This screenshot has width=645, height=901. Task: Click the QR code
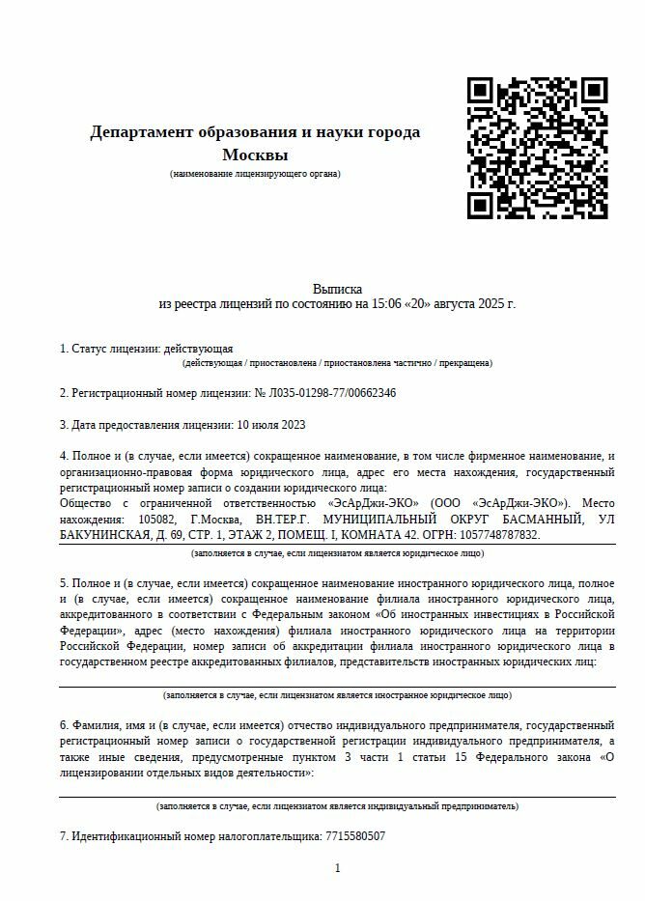coord(538,147)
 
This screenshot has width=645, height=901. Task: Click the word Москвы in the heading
coord(255,155)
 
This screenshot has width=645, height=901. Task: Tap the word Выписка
coord(337,289)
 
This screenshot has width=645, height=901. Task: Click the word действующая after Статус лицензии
coord(199,348)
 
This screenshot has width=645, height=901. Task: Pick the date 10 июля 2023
coord(269,424)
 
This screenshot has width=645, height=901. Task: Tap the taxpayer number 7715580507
coord(354,835)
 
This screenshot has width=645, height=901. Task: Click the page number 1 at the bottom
coord(337,868)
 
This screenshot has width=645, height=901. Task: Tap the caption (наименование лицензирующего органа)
coord(255,174)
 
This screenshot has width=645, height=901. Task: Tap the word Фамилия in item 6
coord(95,724)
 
